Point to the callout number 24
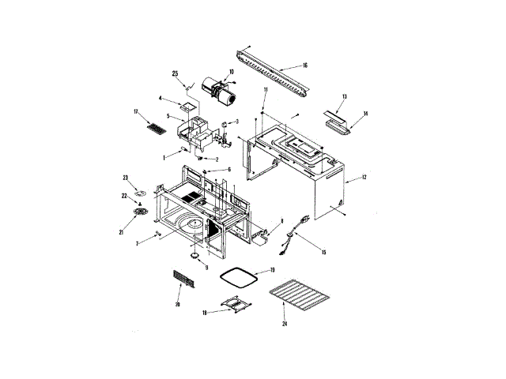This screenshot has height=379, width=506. coord(284,325)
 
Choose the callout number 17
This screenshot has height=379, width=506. coord(136,113)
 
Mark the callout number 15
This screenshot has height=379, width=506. coord(323,251)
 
